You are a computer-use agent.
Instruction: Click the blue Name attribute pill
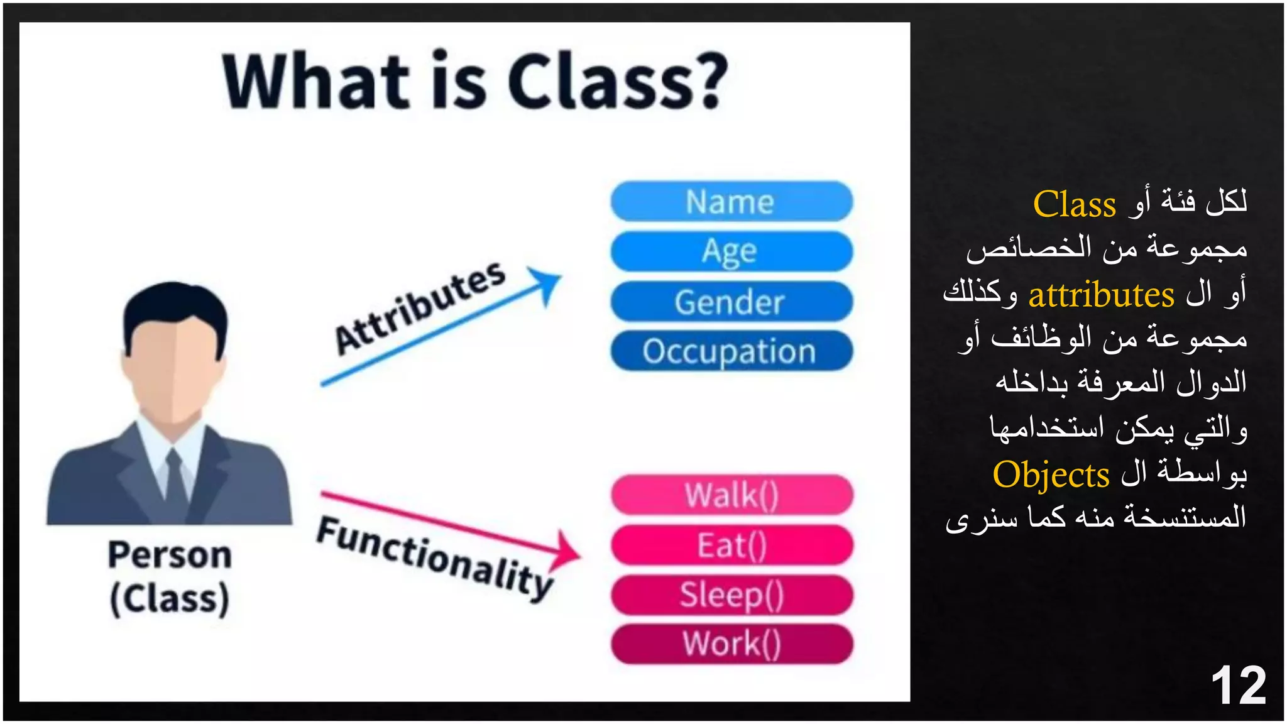point(731,202)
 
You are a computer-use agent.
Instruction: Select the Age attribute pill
point(731,251)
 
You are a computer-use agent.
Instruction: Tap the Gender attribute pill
point(731,302)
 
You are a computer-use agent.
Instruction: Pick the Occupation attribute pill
point(731,351)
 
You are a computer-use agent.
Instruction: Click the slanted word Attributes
point(420,307)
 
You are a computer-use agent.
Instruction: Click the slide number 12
point(1237,686)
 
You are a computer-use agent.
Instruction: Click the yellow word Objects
point(1051,475)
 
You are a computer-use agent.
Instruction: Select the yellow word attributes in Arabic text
point(1101,295)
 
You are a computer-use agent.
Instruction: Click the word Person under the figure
point(170,555)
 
